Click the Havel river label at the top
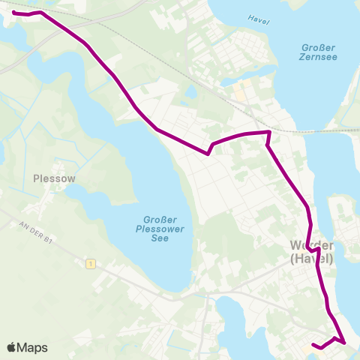[x=259, y=19]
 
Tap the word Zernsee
[x=316, y=56]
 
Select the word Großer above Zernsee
[x=316, y=45]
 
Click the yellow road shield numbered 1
[x=91, y=264]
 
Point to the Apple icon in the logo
[x=12, y=347]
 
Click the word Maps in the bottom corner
[x=32, y=348]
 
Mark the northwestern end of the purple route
[x=14, y=13]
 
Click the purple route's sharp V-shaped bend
[x=207, y=154]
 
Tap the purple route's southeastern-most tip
[x=345, y=343]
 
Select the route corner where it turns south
[x=268, y=133]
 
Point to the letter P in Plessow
[x=37, y=178]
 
